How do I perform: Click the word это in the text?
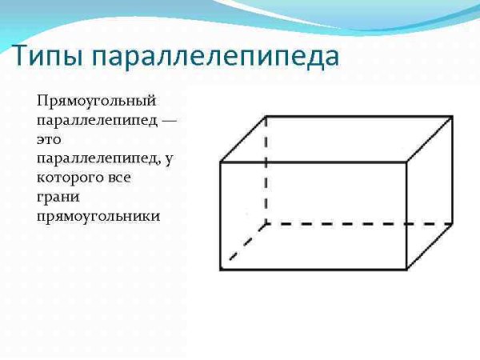[48, 139]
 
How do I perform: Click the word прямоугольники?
[98, 216]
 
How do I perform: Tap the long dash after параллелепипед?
[166, 121]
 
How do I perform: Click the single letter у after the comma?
[169, 158]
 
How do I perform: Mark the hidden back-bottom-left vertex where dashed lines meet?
[266, 223]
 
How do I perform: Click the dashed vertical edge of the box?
[266, 172]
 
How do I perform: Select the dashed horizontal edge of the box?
[360, 223]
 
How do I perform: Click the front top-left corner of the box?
[221, 162]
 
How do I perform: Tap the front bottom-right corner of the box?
[408, 269]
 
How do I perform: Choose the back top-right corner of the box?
[452, 117]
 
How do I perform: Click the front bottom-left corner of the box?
[221, 269]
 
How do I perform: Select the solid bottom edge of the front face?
[314, 269]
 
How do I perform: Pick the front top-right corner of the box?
[408, 162]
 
